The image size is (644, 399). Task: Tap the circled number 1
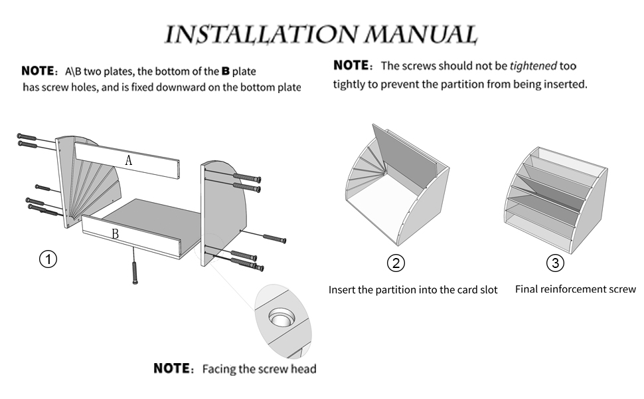pos(48,259)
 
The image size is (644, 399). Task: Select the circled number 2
pos(396,263)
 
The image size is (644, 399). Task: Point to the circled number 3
pos(555,263)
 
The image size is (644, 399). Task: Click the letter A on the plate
pos(129,160)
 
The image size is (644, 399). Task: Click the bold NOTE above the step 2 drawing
pos(351,66)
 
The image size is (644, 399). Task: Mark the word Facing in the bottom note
pos(219,369)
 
